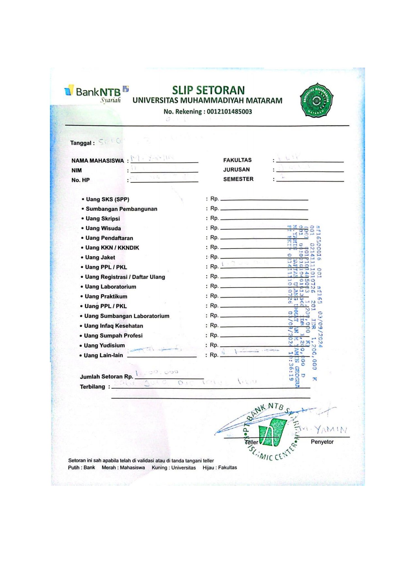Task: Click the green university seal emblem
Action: [x=316, y=100]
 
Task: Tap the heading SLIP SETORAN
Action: [x=208, y=90]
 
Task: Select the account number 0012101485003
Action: [x=229, y=112]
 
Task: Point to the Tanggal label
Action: [x=82, y=143]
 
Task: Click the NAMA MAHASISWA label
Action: [x=98, y=161]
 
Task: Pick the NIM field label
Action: [x=77, y=170]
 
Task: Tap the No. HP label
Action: [x=81, y=180]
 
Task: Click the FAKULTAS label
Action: [x=237, y=160]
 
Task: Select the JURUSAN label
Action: [x=236, y=169]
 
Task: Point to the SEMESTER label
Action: [x=238, y=179]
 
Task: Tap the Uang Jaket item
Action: [x=100, y=257]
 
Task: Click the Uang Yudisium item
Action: [x=104, y=345]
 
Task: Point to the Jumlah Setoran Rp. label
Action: [x=106, y=376]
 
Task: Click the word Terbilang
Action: [x=93, y=387]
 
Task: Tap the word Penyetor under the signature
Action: [x=322, y=442]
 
